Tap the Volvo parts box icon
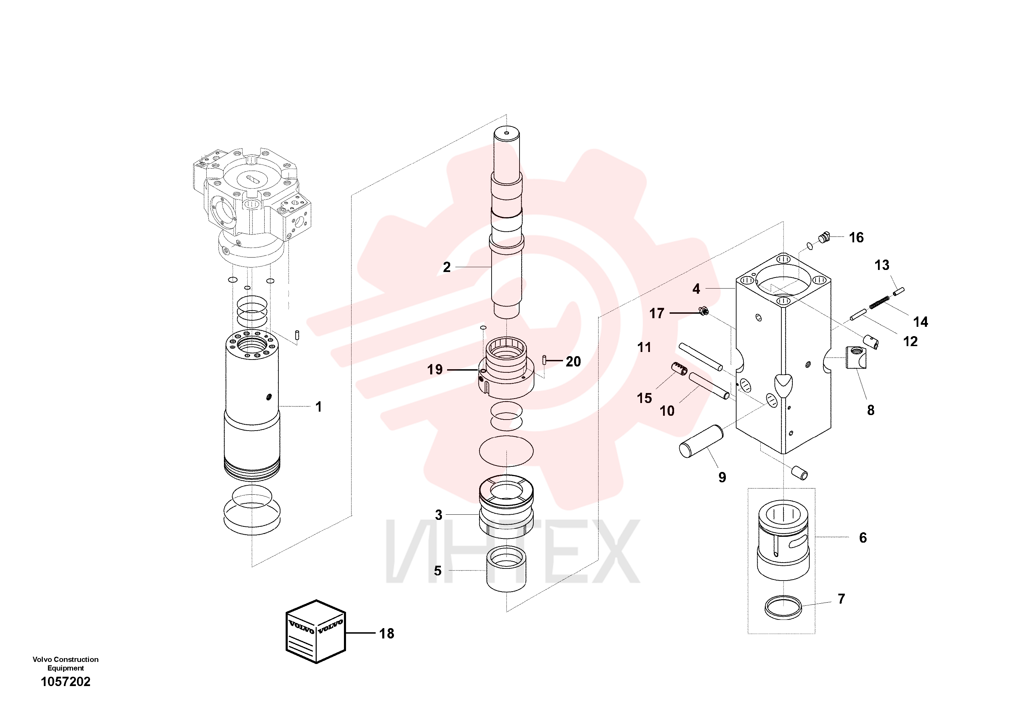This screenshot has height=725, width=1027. click(x=316, y=631)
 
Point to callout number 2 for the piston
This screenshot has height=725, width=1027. click(x=446, y=267)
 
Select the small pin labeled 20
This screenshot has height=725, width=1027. click(x=544, y=359)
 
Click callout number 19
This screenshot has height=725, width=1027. click(x=435, y=370)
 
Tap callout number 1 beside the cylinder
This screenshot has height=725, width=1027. click(x=318, y=407)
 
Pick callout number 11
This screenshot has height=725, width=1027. click(x=644, y=347)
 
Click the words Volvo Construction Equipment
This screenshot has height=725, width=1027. click(x=66, y=664)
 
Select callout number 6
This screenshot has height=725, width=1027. click(x=863, y=538)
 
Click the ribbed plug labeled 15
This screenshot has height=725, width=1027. click(x=679, y=369)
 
